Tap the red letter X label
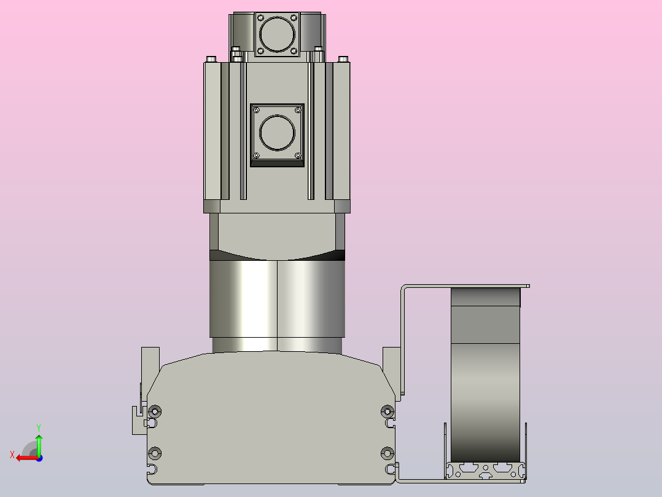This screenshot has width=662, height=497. point(12,455)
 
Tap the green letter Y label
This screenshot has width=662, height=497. point(39,426)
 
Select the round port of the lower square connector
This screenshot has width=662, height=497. point(278,132)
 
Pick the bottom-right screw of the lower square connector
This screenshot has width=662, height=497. point(298,155)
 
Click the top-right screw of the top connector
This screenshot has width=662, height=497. point(294,18)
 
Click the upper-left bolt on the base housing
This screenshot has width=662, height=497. point(155,411)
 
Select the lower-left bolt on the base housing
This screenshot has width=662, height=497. point(155,453)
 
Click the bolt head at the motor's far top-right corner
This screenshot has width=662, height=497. point(343,58)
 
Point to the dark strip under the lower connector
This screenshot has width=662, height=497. point(278,164)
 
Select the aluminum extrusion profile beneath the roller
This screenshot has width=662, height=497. point(486,470)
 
